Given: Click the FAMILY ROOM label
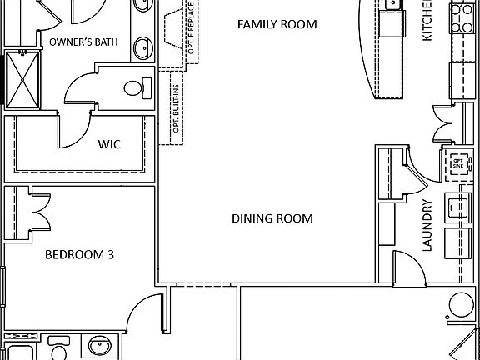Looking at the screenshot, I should [277, 24].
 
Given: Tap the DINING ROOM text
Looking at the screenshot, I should [272, 219].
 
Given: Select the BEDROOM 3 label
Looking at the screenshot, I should [79, 255].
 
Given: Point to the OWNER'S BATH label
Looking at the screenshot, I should [82, 42].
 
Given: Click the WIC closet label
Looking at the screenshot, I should [109, 144].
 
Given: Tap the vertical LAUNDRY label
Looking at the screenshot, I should [427, 226].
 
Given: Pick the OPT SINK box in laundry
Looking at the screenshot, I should [457, 164].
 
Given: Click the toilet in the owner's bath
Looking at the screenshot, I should [137, 86].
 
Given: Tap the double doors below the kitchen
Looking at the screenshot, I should [442, 127].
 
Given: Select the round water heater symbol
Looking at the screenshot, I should [462, 307].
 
